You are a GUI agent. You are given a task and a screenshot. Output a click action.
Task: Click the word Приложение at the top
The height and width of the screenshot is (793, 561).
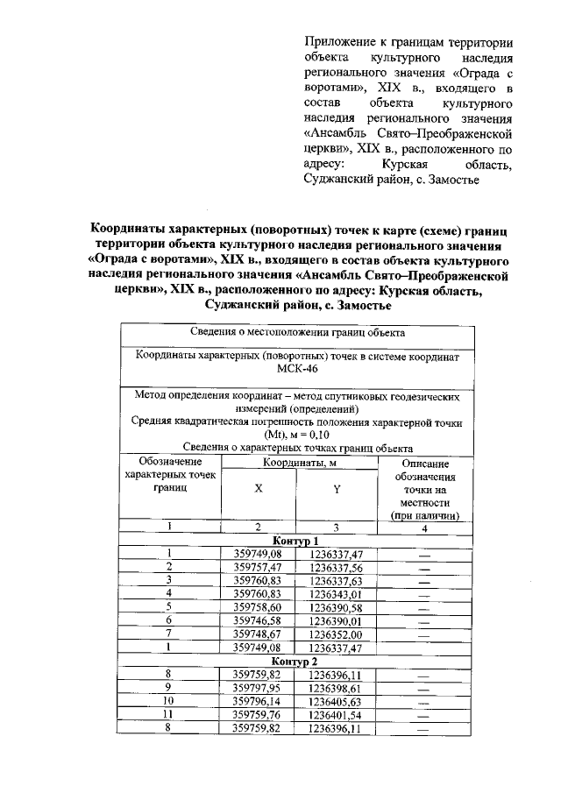coord(341,42)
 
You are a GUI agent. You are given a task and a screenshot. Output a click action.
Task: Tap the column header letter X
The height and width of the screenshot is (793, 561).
coord(258,490)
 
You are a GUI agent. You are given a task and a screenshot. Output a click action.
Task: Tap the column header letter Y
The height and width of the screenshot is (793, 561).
coord(337,490)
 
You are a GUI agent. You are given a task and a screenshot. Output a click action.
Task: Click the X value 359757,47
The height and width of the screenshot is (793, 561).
coord(257,567)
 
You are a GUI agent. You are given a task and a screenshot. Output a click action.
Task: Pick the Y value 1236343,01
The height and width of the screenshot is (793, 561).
coord(336,593)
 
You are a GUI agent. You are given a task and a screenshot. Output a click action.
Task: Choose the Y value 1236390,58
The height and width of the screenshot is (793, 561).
coord(336,607)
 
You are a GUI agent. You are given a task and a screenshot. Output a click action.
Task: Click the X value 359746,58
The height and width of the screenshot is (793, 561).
coord(257,620)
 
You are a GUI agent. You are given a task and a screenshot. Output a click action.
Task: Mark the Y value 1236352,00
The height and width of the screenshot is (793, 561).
coord(336,634)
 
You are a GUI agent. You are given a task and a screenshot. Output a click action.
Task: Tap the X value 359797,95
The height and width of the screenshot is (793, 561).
coord(257,687)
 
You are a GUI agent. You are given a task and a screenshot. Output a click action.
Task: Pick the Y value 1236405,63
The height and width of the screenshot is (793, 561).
coord(336,701)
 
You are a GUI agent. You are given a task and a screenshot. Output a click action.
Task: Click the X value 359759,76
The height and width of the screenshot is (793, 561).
coord(257,714)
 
